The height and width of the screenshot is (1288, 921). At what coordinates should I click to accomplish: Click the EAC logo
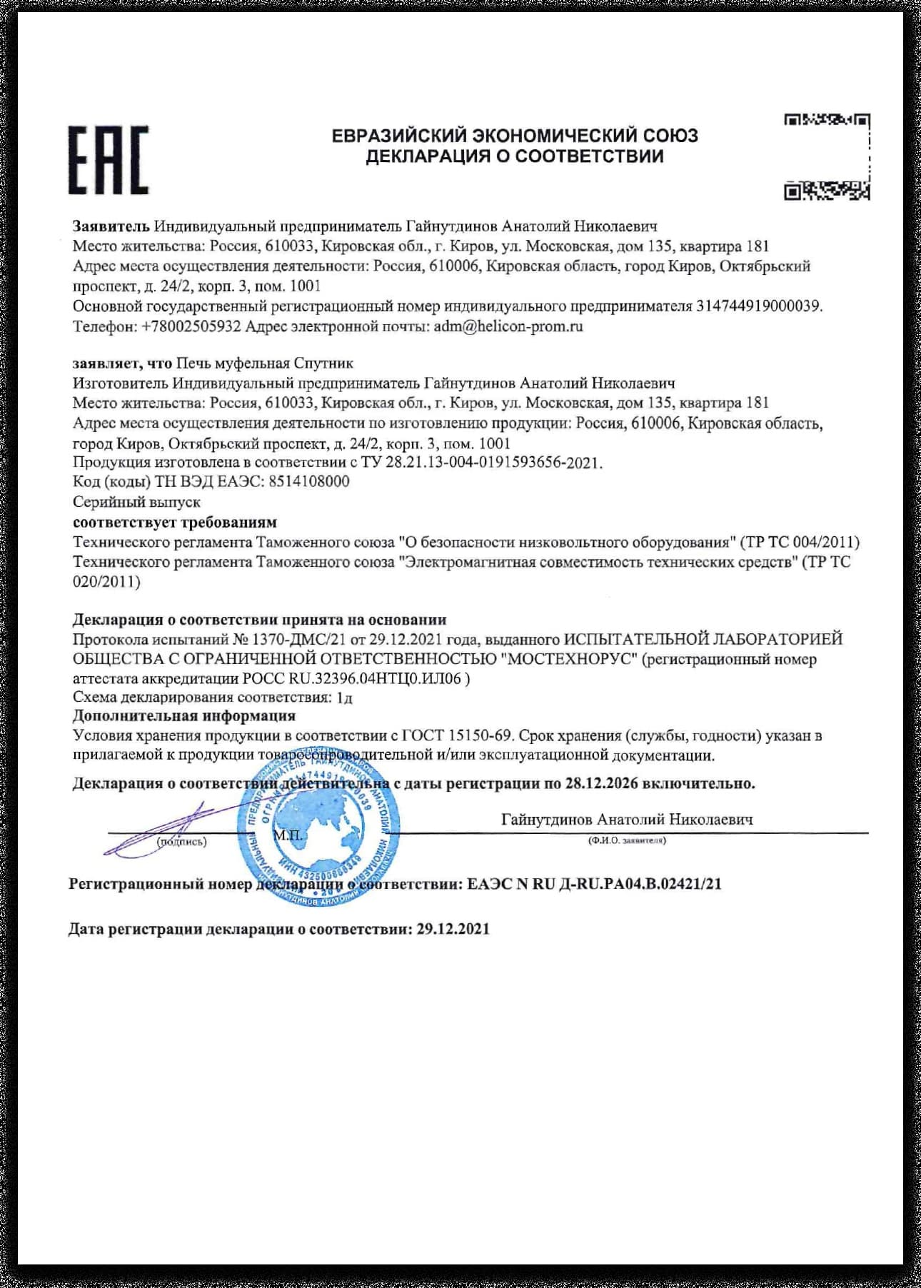(x=109, y=160)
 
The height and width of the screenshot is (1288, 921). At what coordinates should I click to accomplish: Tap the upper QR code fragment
(x=827, y=120)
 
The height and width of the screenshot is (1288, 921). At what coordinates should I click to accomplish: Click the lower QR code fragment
(x=827, y=191)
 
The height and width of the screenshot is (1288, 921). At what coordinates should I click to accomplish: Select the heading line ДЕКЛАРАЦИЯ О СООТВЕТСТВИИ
(x=515, y=156)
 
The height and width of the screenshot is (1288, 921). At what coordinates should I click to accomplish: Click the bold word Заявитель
(x=111, y=226)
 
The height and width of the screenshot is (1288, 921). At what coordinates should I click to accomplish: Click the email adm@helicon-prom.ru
(x=508, y=326)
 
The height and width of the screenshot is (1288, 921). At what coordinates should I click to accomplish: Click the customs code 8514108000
(x=309, y=481)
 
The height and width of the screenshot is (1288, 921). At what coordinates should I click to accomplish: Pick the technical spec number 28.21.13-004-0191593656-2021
(x=493, y=463)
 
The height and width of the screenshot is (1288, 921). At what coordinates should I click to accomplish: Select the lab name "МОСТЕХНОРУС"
(x=570, y=658)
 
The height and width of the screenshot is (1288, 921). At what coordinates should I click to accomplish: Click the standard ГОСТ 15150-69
(x=457, y=735)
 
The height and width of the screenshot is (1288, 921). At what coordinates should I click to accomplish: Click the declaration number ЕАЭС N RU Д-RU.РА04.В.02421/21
(x=594, y=884)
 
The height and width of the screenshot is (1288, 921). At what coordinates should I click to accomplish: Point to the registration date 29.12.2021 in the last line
(x=453, y=929)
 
